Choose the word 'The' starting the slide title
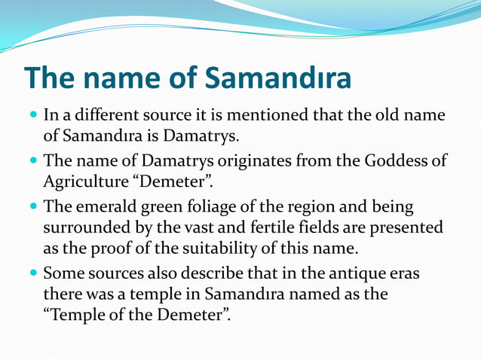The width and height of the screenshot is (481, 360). pyautogui.click(x=51, y=79)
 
